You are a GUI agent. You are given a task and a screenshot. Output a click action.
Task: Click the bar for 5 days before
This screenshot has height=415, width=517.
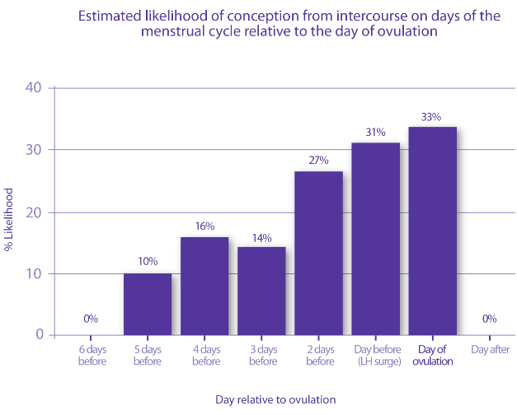pos(148,304)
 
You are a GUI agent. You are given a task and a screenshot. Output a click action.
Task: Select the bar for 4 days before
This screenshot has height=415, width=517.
pos(204,286)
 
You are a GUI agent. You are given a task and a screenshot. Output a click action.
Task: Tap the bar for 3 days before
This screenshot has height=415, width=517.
pos(261,291)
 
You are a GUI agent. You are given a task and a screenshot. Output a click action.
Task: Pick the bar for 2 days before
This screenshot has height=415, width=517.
pos(318,253)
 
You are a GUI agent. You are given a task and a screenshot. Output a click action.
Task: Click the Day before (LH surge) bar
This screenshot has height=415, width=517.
pos(375,239)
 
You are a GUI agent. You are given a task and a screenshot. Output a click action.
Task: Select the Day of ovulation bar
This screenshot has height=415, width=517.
pos(432,231)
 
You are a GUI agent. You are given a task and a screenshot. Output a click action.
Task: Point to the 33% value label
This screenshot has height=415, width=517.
pos(430,117)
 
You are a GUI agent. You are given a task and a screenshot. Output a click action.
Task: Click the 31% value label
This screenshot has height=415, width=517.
pos(374,133)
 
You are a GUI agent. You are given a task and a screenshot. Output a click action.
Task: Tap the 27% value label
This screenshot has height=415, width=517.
pos(318,161)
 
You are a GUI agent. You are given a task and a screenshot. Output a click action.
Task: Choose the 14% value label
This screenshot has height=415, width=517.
pos(261,237)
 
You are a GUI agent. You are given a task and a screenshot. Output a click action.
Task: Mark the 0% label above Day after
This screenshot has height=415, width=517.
pos(489,319)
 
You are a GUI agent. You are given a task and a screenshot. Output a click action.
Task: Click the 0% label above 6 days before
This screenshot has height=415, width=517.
pos(91,319)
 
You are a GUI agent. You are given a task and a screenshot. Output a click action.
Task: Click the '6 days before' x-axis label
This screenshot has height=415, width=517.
pos(92,355)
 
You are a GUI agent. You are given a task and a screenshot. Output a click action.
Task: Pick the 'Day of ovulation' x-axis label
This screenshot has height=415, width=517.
pos(431,355)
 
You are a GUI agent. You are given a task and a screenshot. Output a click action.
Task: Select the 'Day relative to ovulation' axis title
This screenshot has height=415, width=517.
pos(275,399)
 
